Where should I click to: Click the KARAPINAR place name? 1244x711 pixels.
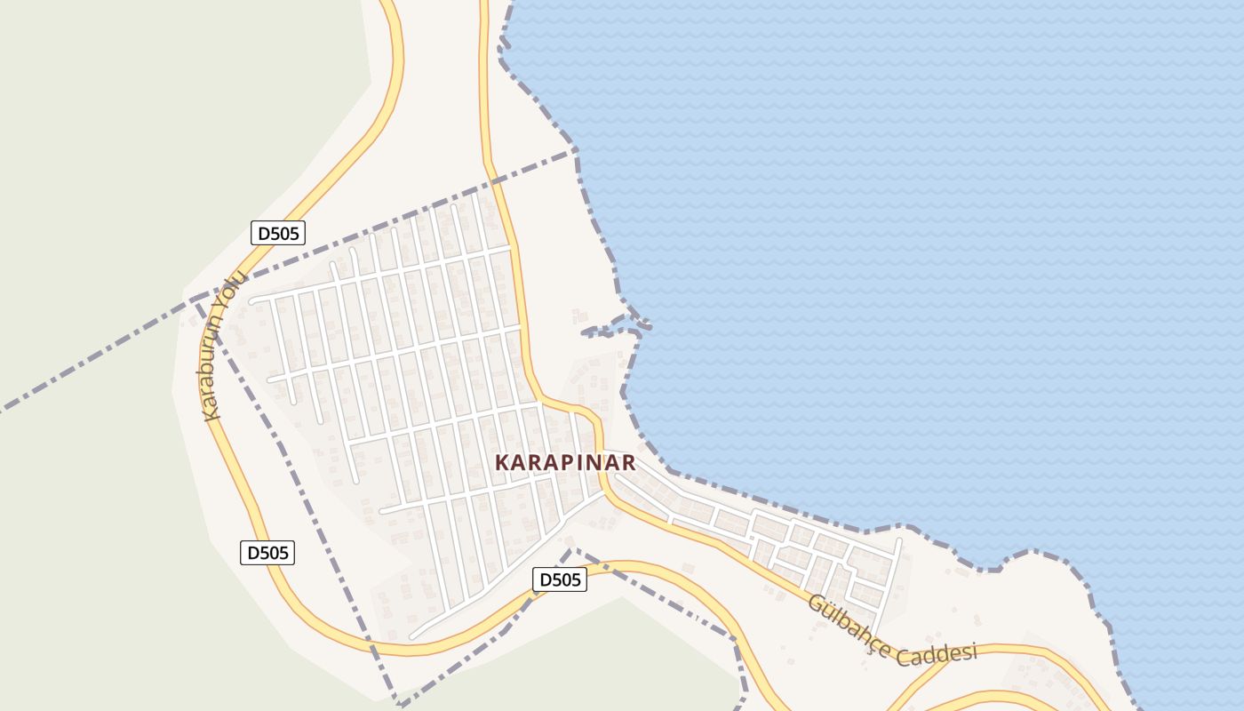[565, 463]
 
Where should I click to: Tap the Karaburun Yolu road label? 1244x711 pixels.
[224, 346]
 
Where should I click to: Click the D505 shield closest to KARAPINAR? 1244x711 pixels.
[560, 580]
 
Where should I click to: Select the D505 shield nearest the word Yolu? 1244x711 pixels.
[278, 234]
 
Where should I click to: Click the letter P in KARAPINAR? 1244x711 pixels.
[566, 463]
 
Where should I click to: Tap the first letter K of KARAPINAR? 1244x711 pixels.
[502, 463]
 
